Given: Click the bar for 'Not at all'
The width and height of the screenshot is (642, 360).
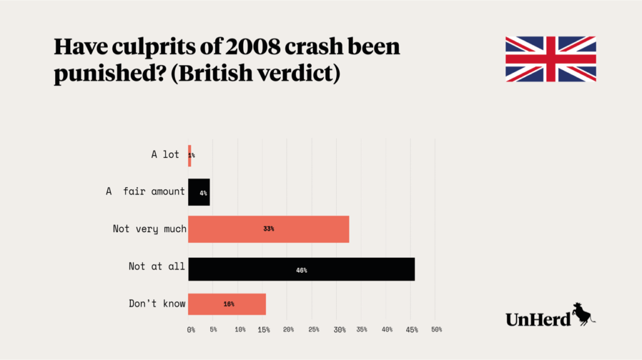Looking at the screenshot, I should [x=301, y=269].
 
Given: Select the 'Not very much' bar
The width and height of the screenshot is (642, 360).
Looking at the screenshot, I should [x=268, y=229].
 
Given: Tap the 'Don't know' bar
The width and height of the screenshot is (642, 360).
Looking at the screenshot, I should [x=227, y=304].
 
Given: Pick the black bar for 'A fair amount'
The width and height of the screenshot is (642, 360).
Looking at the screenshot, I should [x=199, y=193].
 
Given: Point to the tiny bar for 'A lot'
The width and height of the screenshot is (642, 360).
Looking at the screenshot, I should [x=189, y=154].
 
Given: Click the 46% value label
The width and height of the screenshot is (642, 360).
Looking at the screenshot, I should [x=302, y=270].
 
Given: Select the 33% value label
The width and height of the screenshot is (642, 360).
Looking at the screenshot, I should [x=268, y=229].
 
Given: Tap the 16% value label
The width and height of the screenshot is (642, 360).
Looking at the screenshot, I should [x=229, y=304].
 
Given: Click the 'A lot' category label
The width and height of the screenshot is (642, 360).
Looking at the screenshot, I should [x=165, y=154].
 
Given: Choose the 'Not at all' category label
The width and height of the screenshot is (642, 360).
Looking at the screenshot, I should [x=157, y=267].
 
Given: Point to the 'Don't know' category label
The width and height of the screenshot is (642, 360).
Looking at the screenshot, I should [x=157, y=304].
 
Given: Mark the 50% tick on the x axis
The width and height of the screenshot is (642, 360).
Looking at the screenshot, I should [x=436, y=329].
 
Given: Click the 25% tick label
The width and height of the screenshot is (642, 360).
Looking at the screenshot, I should [x=313, y=329].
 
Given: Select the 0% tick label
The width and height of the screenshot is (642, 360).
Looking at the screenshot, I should [x=191, y=329].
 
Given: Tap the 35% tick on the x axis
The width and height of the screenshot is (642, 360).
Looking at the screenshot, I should [x=362, y=329].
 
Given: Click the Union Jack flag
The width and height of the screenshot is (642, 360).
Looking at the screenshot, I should [x=550, y=59].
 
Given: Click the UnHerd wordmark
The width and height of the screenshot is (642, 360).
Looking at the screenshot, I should [x=538, y=319].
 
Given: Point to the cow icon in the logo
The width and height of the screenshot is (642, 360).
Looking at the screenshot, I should [x=583, y=313].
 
